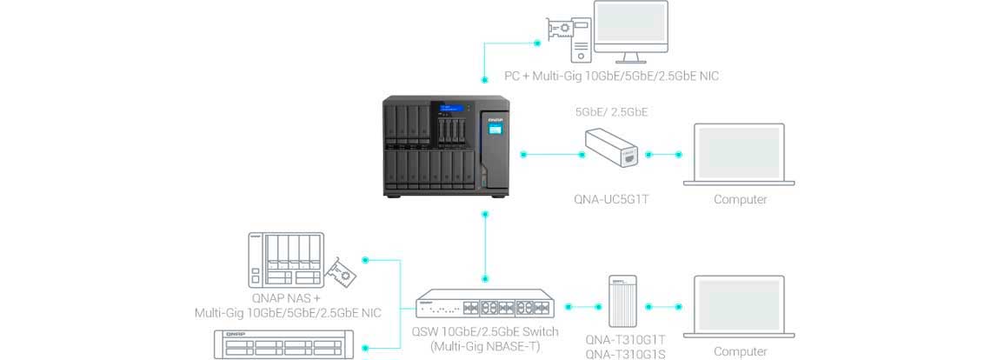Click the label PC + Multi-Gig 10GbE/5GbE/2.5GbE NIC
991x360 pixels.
coord(612,77)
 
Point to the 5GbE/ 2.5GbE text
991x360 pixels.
coord(611,112)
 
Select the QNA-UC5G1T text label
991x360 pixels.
coord(612,199)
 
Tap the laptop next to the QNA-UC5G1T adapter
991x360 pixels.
coord(741,155)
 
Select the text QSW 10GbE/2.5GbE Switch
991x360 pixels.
coord(486,331)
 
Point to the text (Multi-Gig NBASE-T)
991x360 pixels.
coord(486,346)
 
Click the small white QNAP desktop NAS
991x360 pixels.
coord(284,259)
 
